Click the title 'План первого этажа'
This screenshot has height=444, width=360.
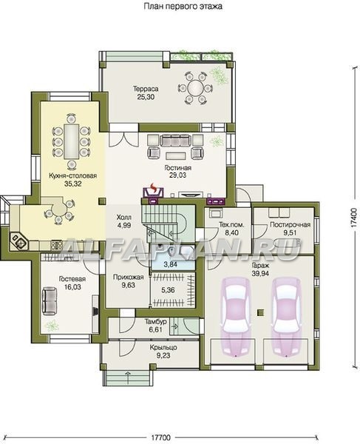[x=183, y=6]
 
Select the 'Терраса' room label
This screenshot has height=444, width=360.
[x=146, y=89]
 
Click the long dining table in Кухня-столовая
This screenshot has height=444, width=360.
[x=71, y=141]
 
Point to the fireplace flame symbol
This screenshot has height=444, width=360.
[x=153, y=187]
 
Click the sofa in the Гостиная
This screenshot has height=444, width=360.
[x=175, y=140]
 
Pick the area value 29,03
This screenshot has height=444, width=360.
[x=178, y=175]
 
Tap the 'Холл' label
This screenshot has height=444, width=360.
[x=124, y=218]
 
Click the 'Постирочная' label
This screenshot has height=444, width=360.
[x=290, y=225]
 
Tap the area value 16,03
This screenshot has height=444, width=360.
[x=72, y=287]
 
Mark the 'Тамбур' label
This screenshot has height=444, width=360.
[x=155, y=322]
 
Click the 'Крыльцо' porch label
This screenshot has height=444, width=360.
[x=163, y=348]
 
